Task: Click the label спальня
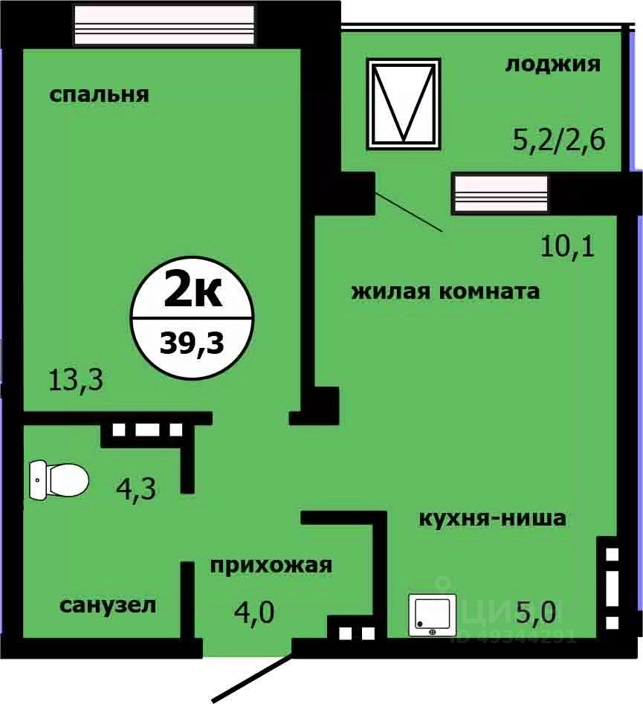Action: [x=100, y=95]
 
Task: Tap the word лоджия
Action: [x=552, y=65]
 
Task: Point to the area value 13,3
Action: [x=75, y=381]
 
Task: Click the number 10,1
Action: [x=568, y=245]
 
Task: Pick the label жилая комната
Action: [x=445, y=291]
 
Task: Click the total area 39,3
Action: [x=192, y=344]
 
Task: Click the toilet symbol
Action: [x=59, y=479]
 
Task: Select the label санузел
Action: [x=108, y=606]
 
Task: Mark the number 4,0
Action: [x=255, y=613]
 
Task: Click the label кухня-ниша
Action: [x=492, y=517]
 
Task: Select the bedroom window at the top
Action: [x=165, y=25]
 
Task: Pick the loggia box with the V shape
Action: [x=404, y=103]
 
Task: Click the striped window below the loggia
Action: [x=501, y=193]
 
